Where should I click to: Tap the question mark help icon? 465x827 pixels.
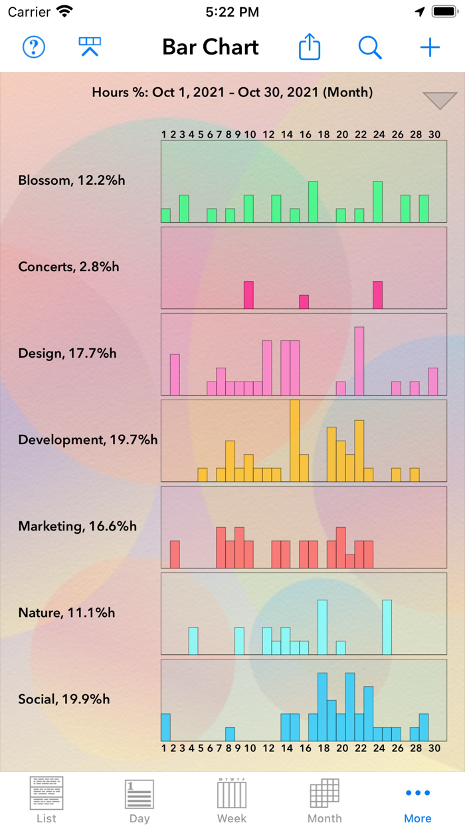pos(34,47)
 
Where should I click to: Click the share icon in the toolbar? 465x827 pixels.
pos(310,47)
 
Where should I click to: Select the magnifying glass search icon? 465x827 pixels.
pos(370,47)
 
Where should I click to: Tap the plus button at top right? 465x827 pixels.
pos(430,47)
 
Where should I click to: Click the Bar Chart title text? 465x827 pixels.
pos(211,47)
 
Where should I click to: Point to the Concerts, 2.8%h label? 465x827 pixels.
pos(69,267)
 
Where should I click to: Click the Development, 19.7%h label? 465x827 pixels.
pos(88,439)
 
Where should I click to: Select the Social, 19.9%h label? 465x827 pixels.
pos(64,699)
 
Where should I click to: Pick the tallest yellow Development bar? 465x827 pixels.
pos(295,440)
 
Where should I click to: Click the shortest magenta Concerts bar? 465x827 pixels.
pos(304,302)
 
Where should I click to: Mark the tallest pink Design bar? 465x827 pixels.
pos(359,361)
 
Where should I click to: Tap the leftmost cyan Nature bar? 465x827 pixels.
pos(193,641)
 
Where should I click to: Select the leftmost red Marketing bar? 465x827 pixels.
pos(175,554)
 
